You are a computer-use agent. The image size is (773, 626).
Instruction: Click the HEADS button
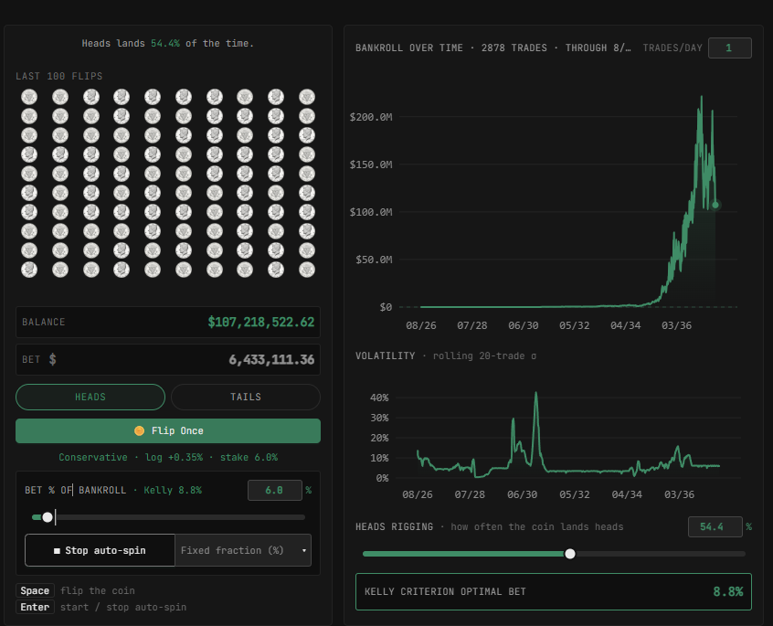pos(90,397)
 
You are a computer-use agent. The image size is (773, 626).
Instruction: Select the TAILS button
pos(246,397)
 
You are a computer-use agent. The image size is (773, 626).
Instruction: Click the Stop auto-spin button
pos(101,550)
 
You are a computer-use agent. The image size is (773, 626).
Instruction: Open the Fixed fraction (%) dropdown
pos(243,550)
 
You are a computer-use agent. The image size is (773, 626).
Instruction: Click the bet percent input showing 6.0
pos(275,490)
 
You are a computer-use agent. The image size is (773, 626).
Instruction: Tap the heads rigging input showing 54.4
pos(715,527)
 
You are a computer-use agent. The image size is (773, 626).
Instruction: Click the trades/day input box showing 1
pos(730,48)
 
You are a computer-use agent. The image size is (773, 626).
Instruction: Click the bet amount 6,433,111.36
pos(271,360)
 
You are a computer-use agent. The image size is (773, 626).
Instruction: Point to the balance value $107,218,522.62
pos(260,322)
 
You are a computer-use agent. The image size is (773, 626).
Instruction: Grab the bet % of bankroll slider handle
pos(48,517)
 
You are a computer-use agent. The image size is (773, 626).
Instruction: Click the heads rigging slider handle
pos(570,554)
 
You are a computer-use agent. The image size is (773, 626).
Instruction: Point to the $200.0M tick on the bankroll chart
pos(371,117)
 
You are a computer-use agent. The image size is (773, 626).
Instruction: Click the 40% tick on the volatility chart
pos(379,398)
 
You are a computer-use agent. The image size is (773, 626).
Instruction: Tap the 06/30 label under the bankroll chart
pos(523,325)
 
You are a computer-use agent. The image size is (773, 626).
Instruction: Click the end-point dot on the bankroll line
pos(715,205)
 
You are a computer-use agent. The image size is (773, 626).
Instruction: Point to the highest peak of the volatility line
pos(535,393)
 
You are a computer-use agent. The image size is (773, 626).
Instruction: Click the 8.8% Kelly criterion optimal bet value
pos(727,591)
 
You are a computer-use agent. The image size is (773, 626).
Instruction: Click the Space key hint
pos(35,590)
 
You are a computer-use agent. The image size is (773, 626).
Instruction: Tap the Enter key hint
pos(35,607)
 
